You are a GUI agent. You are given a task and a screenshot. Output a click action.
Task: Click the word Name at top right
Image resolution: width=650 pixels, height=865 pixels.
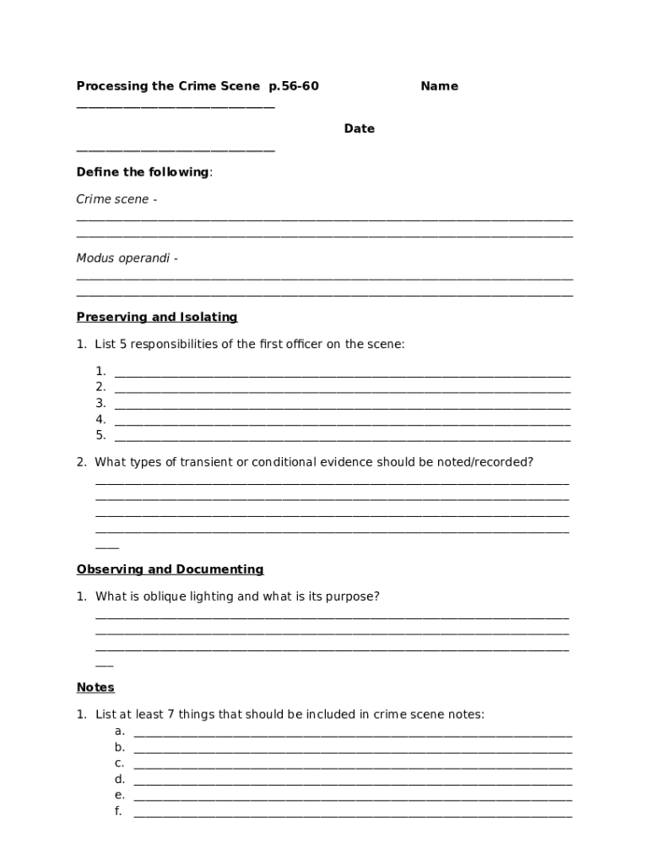pos(439,86)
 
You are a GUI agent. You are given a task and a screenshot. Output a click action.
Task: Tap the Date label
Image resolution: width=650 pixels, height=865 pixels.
pos(359,129)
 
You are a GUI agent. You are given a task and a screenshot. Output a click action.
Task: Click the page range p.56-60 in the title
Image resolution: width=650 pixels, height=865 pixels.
pos(294,86)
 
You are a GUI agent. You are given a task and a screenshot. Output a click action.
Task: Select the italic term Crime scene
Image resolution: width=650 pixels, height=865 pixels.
pos(112,199)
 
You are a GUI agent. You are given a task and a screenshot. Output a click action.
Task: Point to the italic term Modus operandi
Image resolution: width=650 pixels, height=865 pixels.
pos(123,258)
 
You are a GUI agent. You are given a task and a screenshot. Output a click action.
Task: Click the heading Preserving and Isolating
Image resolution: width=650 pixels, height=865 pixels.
pos(157,318)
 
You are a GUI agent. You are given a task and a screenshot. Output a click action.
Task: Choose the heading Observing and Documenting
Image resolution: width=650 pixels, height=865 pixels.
pos(170,569)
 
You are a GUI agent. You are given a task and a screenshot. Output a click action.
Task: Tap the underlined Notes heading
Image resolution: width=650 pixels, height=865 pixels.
pos(95,688)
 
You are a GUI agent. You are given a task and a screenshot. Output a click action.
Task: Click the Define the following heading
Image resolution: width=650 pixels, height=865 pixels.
pos(144,172)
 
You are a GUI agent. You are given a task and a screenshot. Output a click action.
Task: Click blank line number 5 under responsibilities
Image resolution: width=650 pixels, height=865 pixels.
pos(342,438)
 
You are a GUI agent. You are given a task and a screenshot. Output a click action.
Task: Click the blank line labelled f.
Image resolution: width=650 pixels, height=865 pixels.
pos(352,814)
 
